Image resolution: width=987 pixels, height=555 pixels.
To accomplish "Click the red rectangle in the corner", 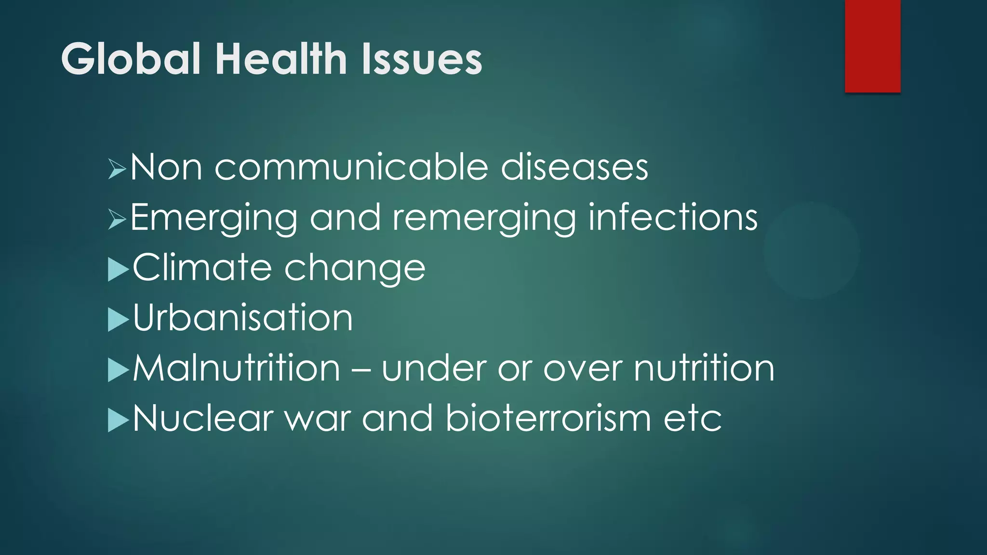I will pyautogui.click(x=872, y=46).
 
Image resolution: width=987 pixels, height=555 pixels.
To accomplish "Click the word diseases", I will pyautogui.click(x=574, y=167).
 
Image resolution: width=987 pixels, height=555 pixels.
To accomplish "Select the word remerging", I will pyautogui.click(x=484, y=218).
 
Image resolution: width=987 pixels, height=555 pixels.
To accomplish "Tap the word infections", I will pyautogui.click(x=673, y=217).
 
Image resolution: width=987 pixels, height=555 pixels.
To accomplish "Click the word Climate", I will pyautogui.click(x=202, y=267).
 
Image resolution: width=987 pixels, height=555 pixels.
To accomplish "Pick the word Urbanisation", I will pyautogui.click(x=243, y=318).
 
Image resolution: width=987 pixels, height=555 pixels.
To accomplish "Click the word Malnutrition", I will pyautogui.click(x=237, y=369).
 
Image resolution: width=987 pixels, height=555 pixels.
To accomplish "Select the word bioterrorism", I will pyautogui.click(x=548, y=418).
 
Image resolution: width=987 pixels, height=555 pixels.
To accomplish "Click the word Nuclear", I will pyautogui.click(x=203, y=418).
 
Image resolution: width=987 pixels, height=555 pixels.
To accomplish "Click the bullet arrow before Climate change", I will pyautogui.click(x=118, y=269).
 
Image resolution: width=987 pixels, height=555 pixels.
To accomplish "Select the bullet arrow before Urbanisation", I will pyautogui.click(x=118, y=319).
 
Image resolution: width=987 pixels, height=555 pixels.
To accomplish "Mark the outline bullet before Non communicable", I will pyautogui.click(x=117, y=169).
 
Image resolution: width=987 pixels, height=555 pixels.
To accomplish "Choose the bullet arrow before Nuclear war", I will pyautogui.click(x=118, y=420).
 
